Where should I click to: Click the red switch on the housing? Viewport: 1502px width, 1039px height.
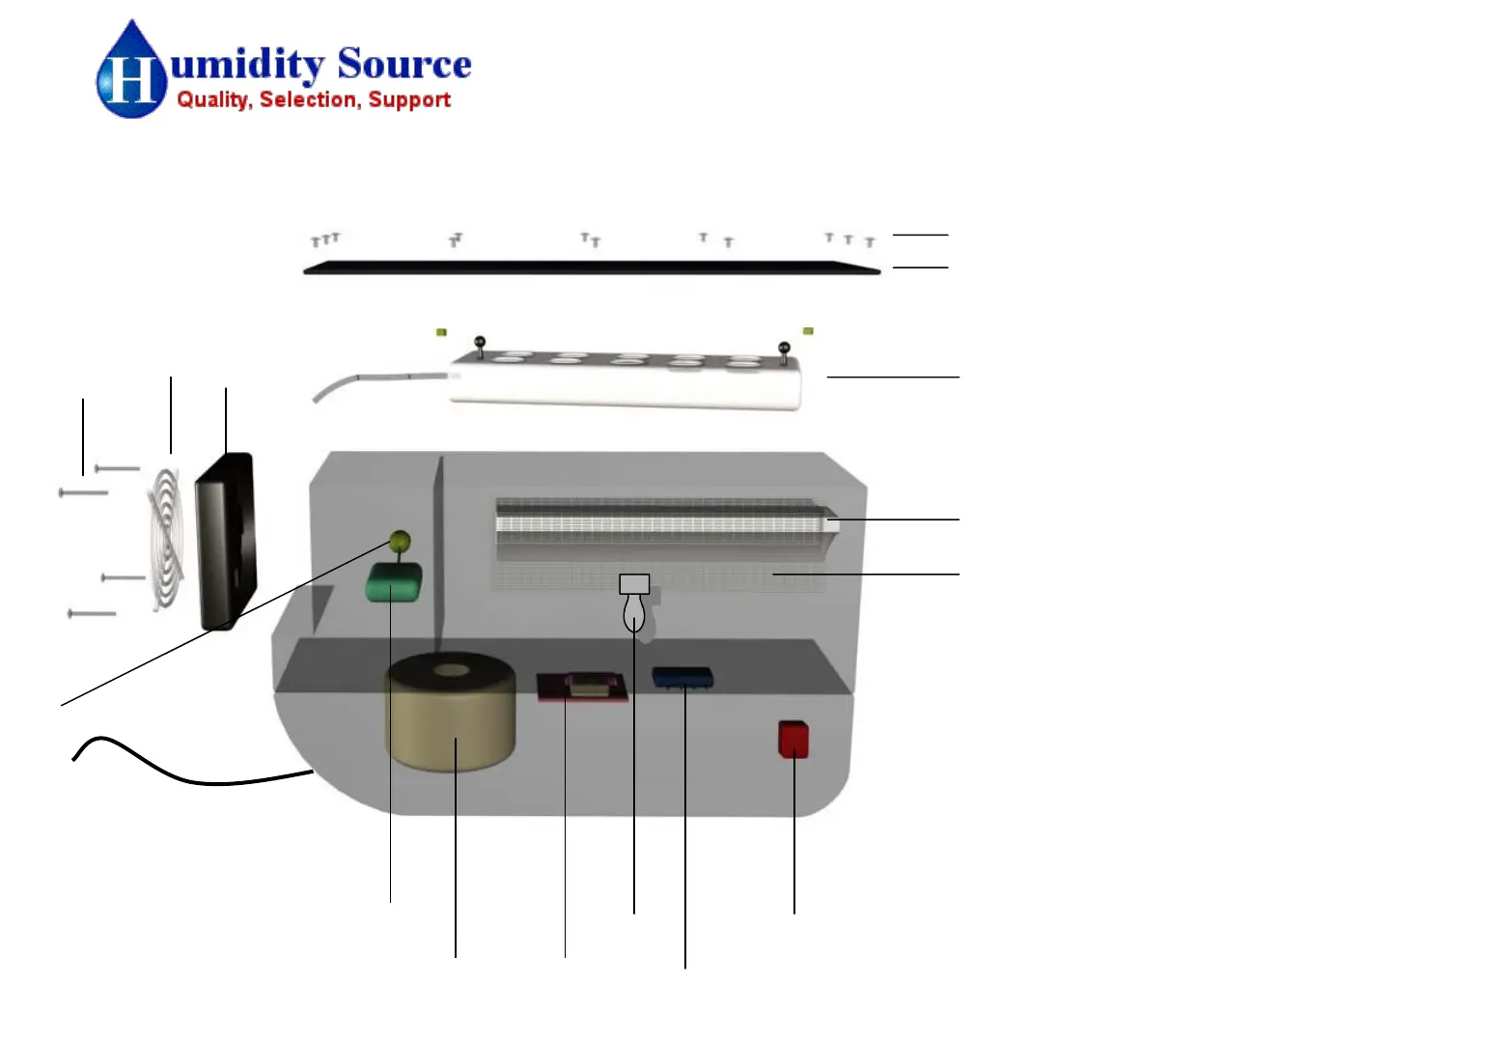coord(793,740)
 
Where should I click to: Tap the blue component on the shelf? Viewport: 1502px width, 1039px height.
coord(682,677)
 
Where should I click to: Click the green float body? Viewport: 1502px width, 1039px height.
coord(394,582)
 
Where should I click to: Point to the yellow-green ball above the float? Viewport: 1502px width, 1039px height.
coord(399,540)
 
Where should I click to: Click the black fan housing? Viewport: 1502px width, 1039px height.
coord(226,541)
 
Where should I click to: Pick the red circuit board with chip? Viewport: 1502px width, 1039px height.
coord(582,687)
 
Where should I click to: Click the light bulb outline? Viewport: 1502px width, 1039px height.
coord(633,611)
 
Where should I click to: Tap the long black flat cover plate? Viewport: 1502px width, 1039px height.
coord(592,268)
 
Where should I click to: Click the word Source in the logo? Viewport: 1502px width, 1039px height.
coord(403,65)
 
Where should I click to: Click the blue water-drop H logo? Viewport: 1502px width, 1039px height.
coord(130,72)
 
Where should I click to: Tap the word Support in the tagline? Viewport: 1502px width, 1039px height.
coord(409,100)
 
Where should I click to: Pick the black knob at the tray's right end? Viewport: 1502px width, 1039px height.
coord(784,349)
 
